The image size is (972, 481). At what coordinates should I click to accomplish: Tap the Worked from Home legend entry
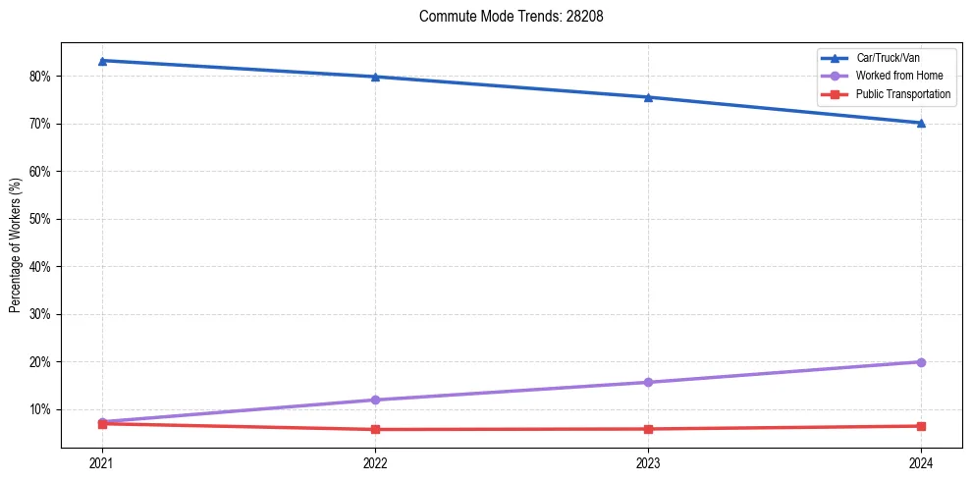click(896, 76)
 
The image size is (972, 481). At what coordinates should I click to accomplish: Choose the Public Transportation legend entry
click(903, 94)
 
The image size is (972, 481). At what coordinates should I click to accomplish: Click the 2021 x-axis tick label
click(102, 462)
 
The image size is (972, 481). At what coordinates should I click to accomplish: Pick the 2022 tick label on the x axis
click(375, 462)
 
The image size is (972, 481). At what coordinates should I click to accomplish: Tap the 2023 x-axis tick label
click(648, 462)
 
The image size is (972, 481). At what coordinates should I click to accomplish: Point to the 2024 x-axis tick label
click(921, 462)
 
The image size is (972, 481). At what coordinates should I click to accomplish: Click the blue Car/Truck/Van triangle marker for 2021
click(102, 61)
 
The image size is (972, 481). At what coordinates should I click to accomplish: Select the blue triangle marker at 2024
click(921, 123)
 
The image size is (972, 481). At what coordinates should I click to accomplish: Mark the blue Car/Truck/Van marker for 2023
click(648, 97)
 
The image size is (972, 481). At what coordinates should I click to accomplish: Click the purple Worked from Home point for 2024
click(921, 362)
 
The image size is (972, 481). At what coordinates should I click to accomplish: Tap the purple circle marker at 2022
click(375, 400)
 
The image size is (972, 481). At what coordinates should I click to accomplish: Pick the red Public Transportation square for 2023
click(648, 429)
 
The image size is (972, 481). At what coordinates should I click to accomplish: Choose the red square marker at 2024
click(921, 426)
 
